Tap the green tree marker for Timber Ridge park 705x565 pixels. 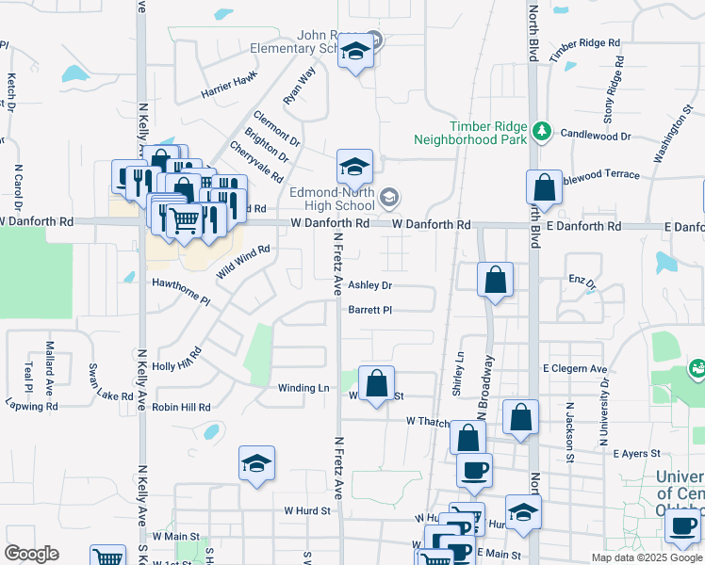542,130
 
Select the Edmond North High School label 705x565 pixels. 332,199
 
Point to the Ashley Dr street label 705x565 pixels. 369,285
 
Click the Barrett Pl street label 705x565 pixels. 369,310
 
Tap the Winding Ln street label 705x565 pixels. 303,388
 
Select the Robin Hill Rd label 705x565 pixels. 182,408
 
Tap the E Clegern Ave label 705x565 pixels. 575,369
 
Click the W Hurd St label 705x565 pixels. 309,510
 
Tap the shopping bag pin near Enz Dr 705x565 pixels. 496,281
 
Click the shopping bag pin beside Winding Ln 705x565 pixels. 376,384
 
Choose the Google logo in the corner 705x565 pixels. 32,555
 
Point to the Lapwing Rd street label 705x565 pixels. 31,407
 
